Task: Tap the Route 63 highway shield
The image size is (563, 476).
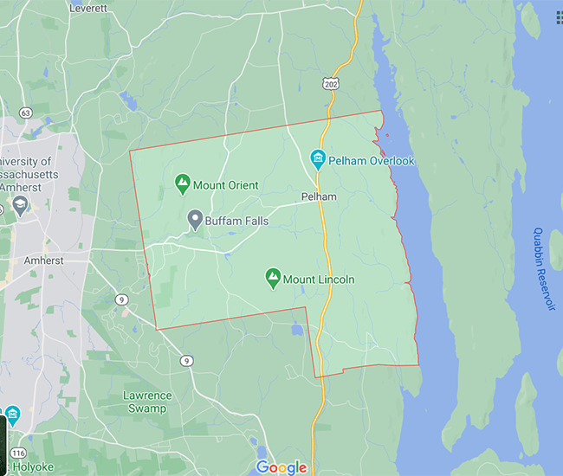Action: pos(26,112)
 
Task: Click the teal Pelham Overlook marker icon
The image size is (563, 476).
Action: pos(318,160)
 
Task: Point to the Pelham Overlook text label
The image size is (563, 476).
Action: pos(374,161)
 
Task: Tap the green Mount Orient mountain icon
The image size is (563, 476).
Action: pos(182,184)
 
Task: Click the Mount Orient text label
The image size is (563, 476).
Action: pos(225,185)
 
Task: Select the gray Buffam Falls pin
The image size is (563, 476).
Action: pos(194,219)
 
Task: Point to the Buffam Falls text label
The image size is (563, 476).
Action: pos(236,222)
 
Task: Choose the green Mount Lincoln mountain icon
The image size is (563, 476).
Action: pos(272,278)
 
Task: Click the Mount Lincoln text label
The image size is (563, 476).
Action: pos(319,280)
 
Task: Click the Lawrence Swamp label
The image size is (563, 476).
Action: pos(146,401)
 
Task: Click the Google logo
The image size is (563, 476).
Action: pos(281,467)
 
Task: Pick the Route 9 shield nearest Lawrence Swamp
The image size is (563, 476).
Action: pos(186,360)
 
